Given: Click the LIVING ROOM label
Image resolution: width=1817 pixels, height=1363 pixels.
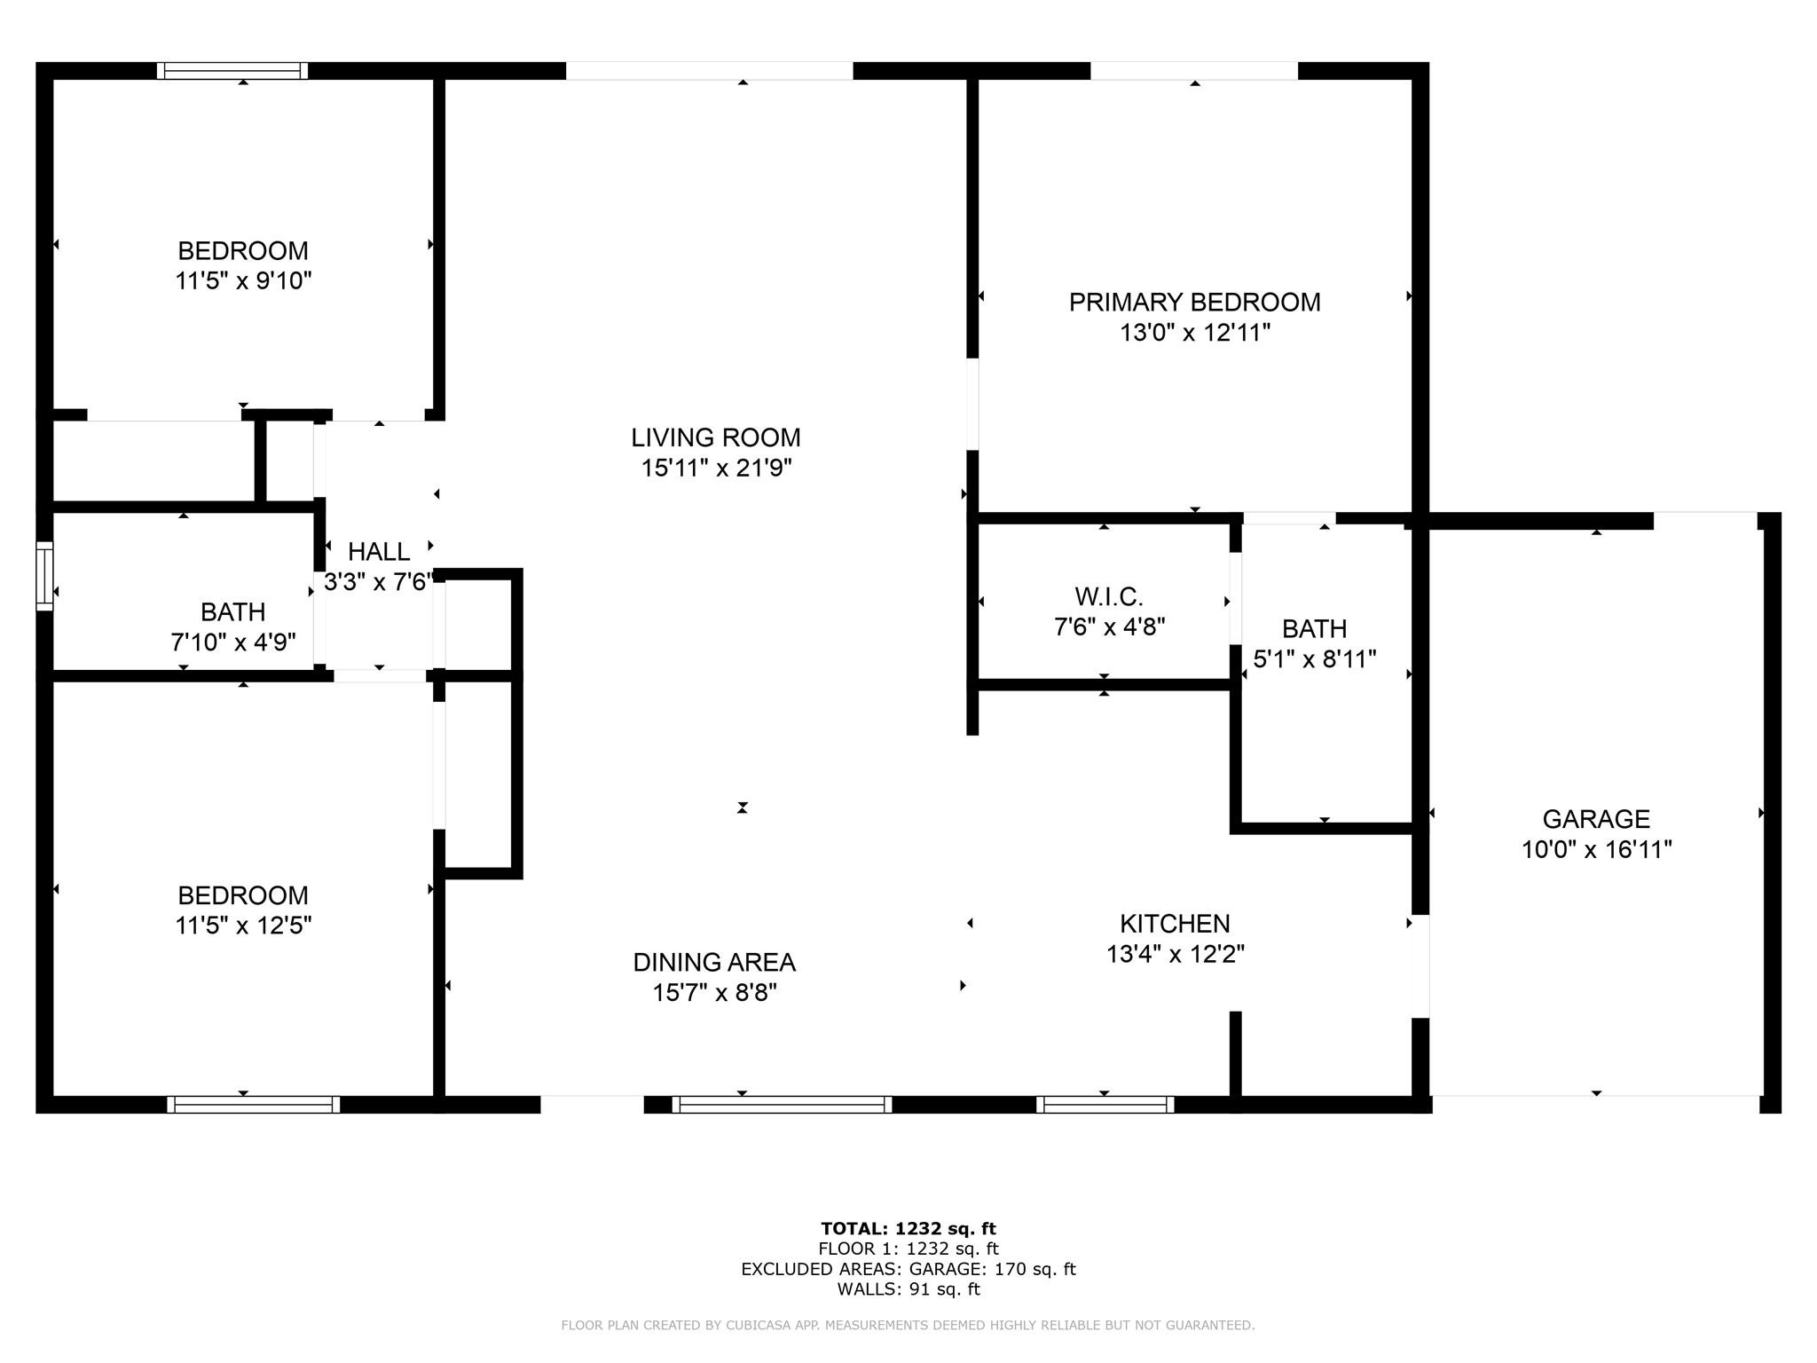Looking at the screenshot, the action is coord(716,437).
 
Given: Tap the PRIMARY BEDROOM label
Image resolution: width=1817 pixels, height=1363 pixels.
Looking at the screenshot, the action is coord(1194,303).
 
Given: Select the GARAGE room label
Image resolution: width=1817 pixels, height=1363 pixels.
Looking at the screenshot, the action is coord(1596,819).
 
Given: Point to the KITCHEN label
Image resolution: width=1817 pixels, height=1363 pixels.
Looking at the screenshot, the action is coord(1175,924).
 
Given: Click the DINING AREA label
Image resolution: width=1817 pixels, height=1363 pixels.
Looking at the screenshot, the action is coord(714,962).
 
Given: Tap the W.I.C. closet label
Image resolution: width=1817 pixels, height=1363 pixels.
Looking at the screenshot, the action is coord(1109,596).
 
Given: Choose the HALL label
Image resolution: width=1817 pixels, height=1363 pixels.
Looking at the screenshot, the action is coord(379,552).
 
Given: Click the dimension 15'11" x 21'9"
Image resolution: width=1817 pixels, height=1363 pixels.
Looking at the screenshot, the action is coord(716,468).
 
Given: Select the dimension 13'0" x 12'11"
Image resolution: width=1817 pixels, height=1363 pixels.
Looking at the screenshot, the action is coord(1195,333).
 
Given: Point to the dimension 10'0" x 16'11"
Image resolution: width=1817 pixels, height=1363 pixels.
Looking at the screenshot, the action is coord(1596,849).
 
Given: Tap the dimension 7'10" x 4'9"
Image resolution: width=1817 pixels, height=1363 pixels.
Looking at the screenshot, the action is coord(233,642).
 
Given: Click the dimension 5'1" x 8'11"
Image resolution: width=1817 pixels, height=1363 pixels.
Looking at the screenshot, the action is coord(1314,658).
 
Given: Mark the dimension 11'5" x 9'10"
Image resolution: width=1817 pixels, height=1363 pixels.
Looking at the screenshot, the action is coord(243,280).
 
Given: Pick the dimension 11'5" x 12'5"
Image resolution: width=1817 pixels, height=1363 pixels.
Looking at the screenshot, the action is coord(243,926).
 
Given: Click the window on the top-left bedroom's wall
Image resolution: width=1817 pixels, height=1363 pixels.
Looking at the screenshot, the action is coord(232,71).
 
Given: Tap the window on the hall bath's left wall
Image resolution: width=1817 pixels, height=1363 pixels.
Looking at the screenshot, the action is coord(44,576).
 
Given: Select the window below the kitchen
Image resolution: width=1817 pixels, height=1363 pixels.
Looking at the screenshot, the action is coord(1105,1104).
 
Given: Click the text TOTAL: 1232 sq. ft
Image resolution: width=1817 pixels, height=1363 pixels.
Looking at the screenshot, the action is coord(908,1229).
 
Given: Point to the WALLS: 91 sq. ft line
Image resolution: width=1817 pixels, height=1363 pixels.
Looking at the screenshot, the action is coord(908,1289).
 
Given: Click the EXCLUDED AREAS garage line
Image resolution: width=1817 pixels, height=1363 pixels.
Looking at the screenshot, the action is coord(908,1269).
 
